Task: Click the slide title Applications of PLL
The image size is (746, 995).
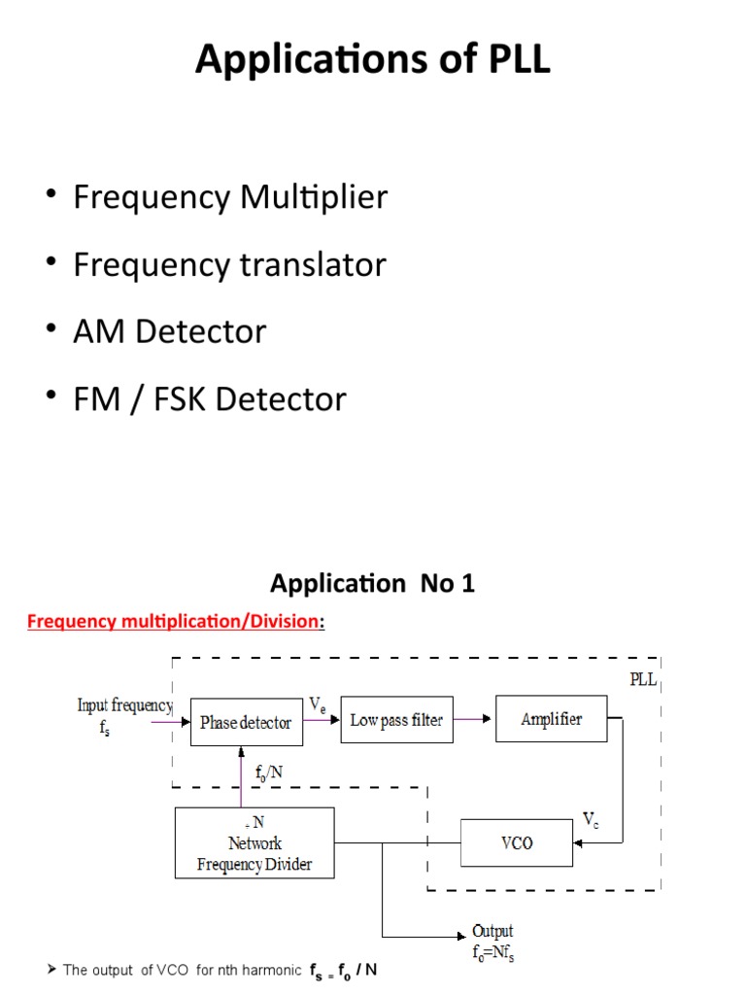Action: tap(373, 59)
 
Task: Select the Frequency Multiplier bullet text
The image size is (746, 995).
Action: tap(230, 197)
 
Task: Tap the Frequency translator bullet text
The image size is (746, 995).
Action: tap(229, 264)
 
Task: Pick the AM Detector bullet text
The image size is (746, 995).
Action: tap(169, 331)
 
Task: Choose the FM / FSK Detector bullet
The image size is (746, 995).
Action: tap(209, 399)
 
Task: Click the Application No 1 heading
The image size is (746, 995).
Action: tap(373, 584)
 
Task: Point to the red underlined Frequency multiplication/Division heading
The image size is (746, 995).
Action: tap(175, 622)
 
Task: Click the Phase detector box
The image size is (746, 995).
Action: tap(246, 721)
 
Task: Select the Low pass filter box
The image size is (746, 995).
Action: tap(396, 720)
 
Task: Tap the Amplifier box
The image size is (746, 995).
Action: tap(551, 719)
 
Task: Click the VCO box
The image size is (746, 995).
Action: tap(516, 842)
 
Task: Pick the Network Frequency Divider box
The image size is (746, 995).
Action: tap(254, 842)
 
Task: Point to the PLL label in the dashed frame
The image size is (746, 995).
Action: tap(643, 680)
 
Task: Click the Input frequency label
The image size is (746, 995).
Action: tap(124, 706)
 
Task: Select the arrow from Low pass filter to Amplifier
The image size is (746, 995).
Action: tap(474, 720)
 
